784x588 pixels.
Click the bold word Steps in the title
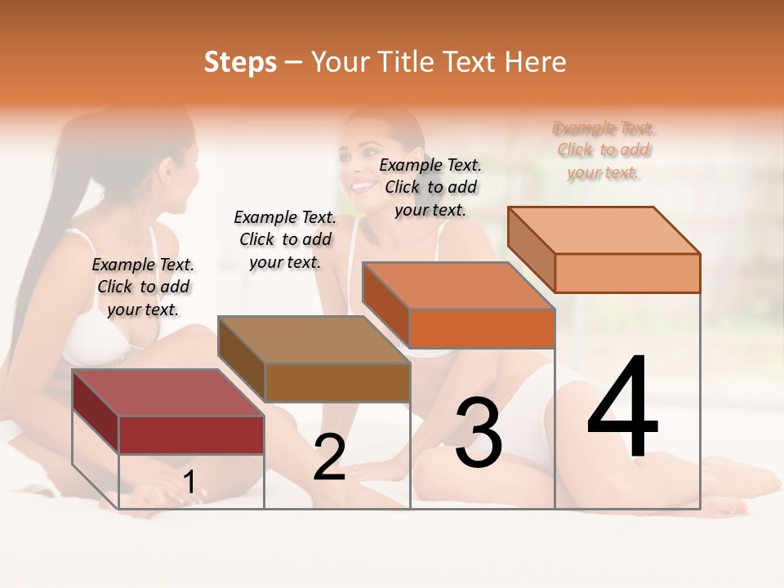tap(240, 62)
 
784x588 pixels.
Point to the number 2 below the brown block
tap(329, 457)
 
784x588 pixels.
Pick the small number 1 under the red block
tap(189, 483)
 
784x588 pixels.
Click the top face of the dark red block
tap(167, 393)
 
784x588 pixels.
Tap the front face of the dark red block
tap(191, 434)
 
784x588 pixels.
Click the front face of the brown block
tap(337, 382)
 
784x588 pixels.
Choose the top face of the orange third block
tap(457, 286)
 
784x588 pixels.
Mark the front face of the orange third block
tap(482, 328)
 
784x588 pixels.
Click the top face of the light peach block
tap(603, 230)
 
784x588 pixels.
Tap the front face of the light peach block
tap(627, 273)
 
